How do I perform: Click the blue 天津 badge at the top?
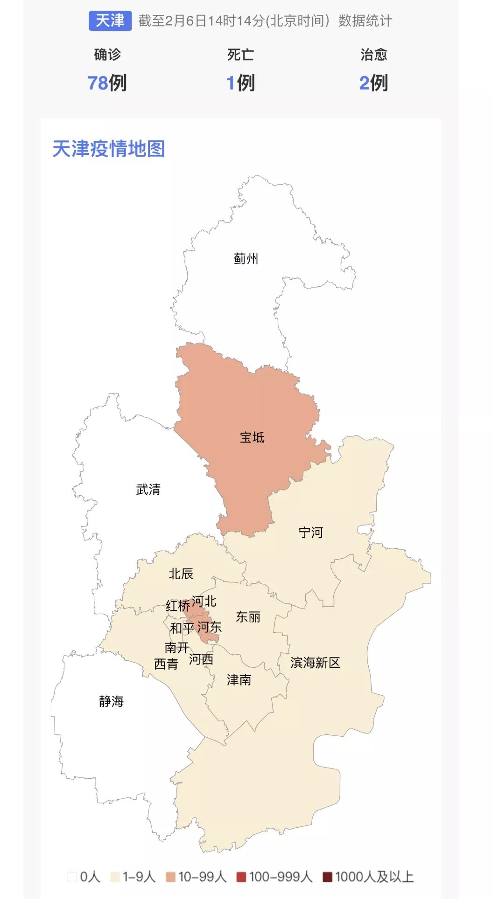coord(110,21)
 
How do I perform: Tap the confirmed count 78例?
coord(107,83)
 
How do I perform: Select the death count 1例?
coord(240,83)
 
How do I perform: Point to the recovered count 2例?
coord(373,83)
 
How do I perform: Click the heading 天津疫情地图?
coord(109,149)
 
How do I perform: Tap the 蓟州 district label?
coord(246,258)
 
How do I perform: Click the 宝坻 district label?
coord(252,437)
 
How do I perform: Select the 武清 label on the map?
coord(148,490)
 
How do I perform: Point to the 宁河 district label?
coord(311,532)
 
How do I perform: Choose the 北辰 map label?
coord(181,574)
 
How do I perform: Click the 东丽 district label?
coord(248,617)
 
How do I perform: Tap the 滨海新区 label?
coord(315,663)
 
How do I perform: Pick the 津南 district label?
coord(239,680)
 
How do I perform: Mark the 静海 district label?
coord(111,701)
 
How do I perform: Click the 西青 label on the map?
coord(166,664)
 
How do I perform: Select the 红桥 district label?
coord(177,606)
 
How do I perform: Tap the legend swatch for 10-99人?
coord(170,877)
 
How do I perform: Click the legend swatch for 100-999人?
coord(241,877)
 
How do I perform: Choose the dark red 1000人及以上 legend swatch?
coord(327,877)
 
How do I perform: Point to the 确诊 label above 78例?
coord(107,55)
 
